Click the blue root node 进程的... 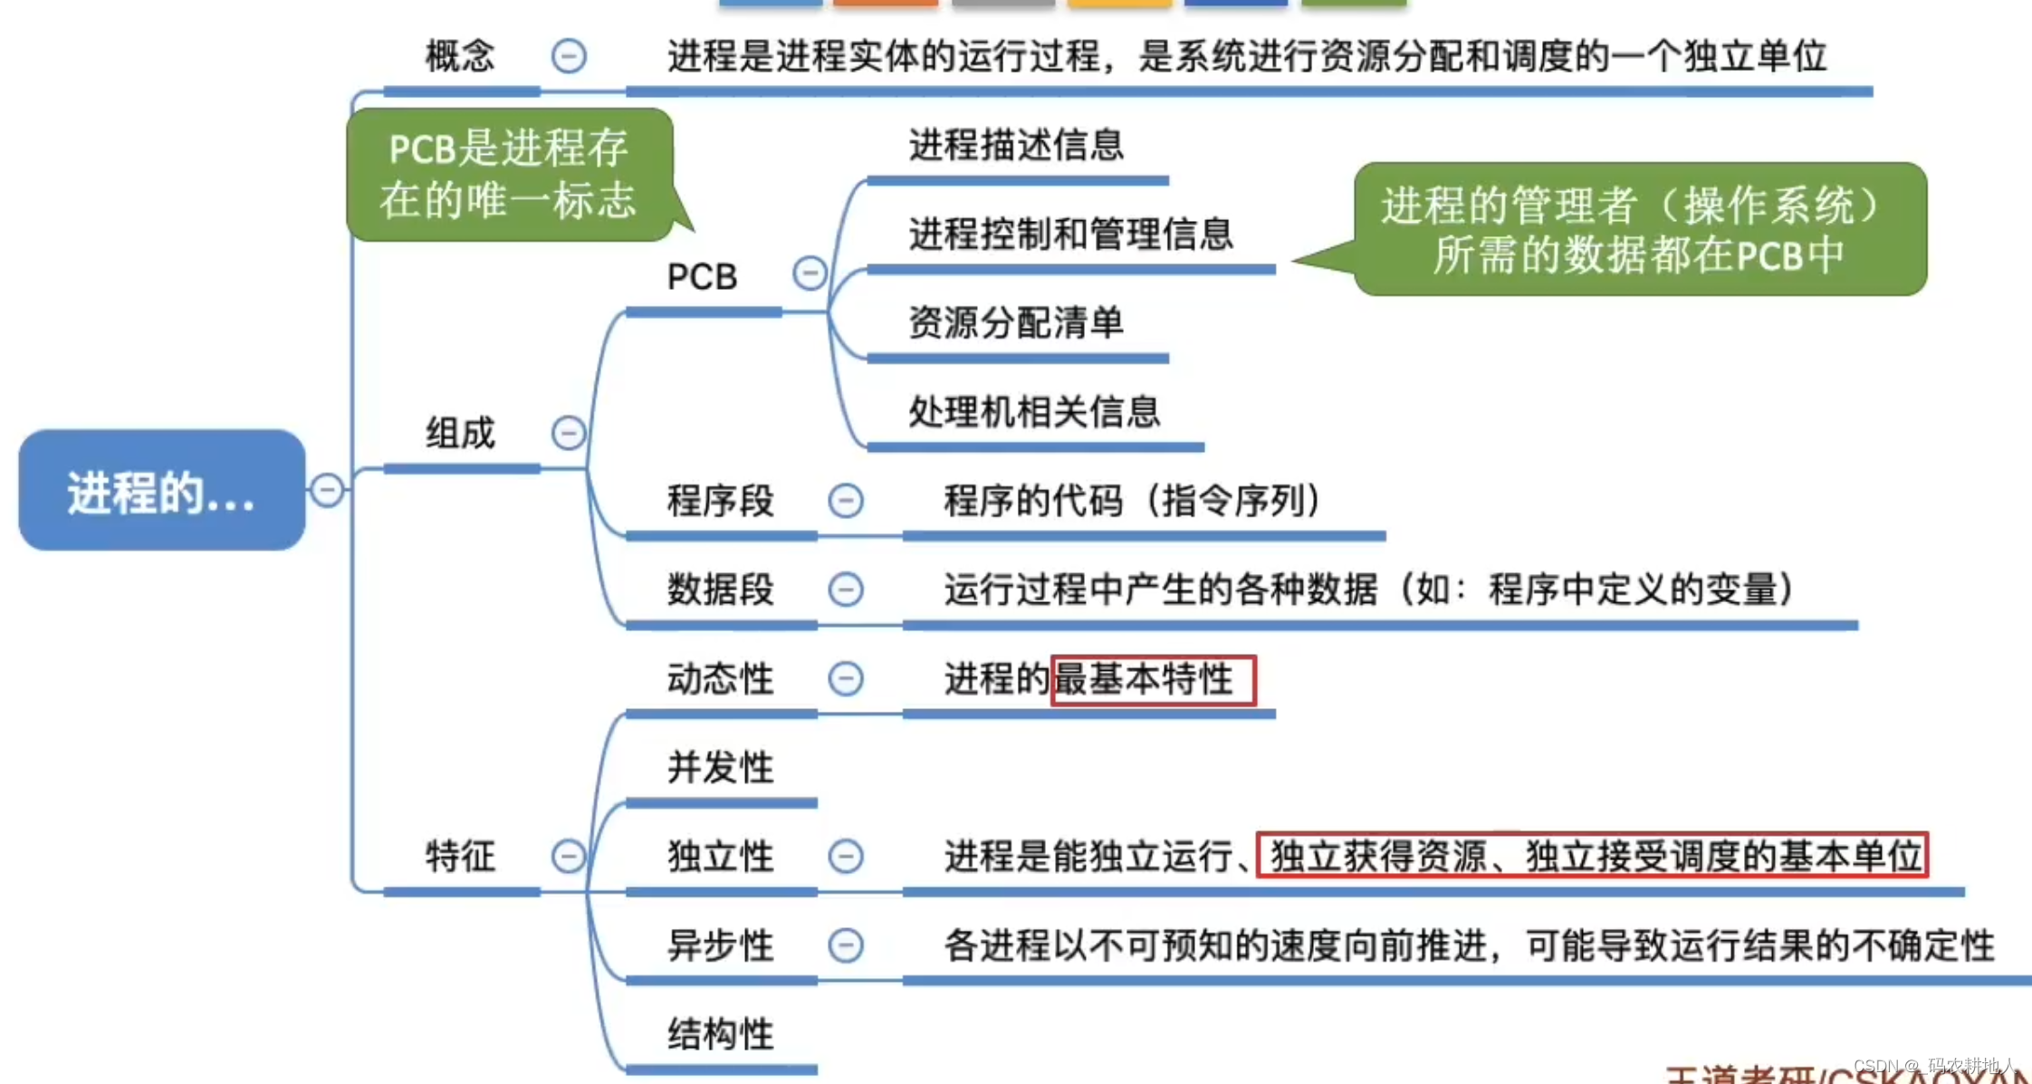pos(161,491)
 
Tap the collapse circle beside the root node pos(327,490)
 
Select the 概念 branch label pos(460,56)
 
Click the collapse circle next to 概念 pos(569,56)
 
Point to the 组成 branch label pos(460,433)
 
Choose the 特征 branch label pos(460,856)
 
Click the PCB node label pos(702,276)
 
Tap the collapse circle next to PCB pos(810,273)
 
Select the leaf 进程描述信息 pos(1016,145)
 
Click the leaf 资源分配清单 pos(1016,322)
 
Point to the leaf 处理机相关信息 pos(1034,412)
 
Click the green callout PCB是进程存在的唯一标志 pos(508,174)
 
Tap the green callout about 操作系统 pos(1639,229)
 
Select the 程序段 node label pos(720,501)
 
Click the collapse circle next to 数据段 pos(846,590)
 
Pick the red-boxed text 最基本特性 pos(1152,679)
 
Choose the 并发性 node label pos(720,768)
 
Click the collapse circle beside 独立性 pos(846,856)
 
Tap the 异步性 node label pos(720,945)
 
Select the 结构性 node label pos(720,1034)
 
